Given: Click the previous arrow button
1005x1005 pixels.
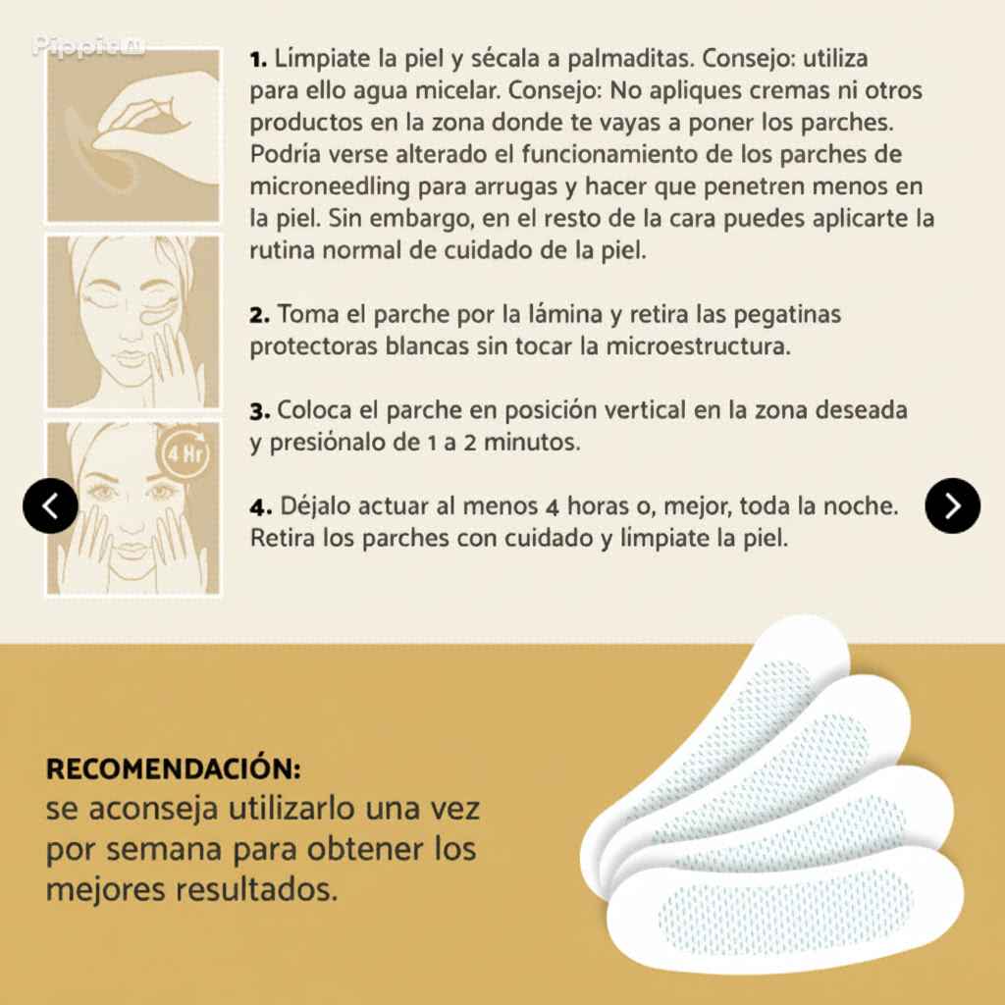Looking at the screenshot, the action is click(50, 505).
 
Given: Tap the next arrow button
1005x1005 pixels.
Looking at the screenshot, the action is click(952, 505).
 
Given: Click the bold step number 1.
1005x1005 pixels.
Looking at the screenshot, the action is click(258, 60).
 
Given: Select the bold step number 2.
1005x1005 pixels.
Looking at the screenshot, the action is click(259, 315).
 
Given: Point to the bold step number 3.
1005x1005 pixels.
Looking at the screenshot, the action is click(259, 411).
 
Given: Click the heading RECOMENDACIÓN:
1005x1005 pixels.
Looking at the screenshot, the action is click(173, 768).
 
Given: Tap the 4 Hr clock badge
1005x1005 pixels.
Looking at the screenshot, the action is click(184, 453).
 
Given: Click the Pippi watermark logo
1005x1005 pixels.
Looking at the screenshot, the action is click(88, 47).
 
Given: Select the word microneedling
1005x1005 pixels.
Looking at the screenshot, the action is click(330, 186).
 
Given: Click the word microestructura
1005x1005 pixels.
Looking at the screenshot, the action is click(698, 346).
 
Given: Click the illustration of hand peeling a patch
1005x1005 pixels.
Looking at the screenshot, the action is click(133, 135).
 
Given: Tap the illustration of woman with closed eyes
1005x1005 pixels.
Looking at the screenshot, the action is click(133, 322).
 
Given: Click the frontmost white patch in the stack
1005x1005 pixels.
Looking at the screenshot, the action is click(784, 907).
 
